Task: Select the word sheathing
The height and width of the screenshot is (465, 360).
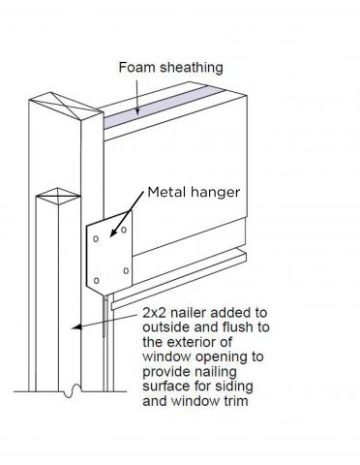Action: [191, 68]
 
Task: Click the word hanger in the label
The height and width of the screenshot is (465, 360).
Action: [216, 192]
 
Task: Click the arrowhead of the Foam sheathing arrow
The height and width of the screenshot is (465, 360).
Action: [137, 113]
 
